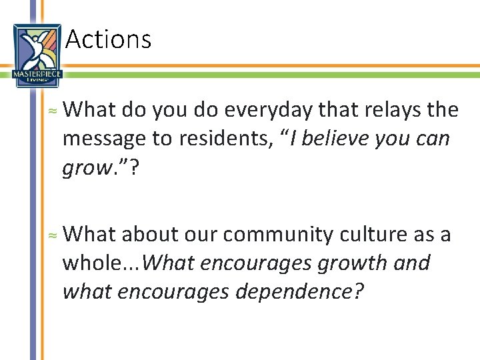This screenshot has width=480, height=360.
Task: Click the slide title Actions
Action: pyautogui.click(x=109, y=39)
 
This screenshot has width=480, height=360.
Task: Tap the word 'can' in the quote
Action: pyautogui.click(x=433, y=139)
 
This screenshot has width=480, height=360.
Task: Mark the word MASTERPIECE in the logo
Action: pyautogui.click(x=37, y=74)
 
